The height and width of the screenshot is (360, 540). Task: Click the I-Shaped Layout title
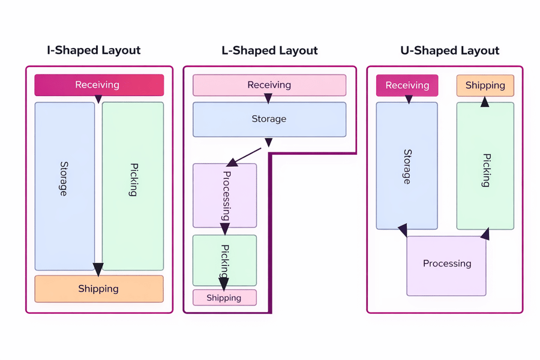[94, 50]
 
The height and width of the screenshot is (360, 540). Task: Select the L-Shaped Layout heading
[269, 50]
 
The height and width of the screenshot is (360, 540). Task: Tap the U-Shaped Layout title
[449, 50]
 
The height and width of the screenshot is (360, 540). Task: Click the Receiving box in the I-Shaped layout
[99, 85]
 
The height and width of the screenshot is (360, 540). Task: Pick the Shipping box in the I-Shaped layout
[99, 289]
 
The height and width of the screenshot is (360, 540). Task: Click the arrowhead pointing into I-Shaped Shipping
[98, 269]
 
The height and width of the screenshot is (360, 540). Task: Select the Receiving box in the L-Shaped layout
[269, 85]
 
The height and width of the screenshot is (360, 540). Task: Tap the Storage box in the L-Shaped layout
[269, 119]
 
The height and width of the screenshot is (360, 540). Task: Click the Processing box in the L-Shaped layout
[224, 196]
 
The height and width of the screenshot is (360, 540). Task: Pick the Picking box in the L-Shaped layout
[224, 260]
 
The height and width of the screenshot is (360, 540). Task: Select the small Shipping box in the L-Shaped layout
[224, 298]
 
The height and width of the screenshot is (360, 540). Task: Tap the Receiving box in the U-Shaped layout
[407, 85]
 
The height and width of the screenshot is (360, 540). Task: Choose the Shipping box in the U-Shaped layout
[485, 85]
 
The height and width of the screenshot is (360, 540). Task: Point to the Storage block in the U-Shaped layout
[407, 166]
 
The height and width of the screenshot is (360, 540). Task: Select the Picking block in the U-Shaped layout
[485, 166]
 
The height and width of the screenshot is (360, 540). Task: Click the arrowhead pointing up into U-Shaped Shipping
[485, 102]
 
